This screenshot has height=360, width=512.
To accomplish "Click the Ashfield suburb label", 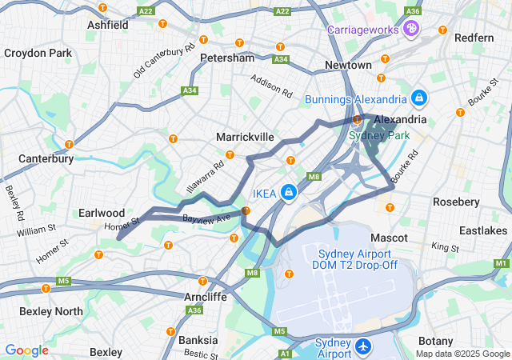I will tap(108, 25).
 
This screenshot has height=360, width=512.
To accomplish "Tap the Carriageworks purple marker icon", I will tap(411, 30).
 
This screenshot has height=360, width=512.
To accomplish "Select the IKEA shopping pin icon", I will tap(288, 193).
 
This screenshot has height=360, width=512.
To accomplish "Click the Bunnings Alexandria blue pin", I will tap(418, 99).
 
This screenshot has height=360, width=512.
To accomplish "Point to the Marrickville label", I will tap(245, 138).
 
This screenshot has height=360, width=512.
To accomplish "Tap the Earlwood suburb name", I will tap(102, 213).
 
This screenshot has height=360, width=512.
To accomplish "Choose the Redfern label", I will tap(474, 38).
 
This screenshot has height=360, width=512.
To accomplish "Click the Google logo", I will tap(26, 350).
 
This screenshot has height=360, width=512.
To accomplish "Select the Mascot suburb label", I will tap(390, 238).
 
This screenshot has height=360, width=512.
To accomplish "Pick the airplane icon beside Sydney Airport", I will tap(364, 347).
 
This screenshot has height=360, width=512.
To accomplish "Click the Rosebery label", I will tap(456, 202).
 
